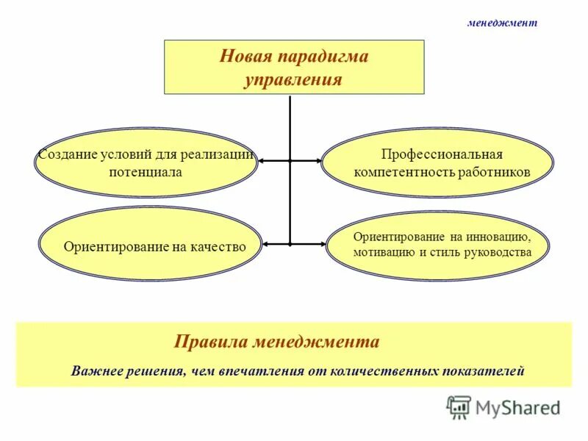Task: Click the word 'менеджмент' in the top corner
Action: (x=503, y=23)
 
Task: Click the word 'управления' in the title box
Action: (x=293, y=79)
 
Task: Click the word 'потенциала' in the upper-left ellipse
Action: (x=146, y=172)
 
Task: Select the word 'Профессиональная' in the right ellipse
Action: (x=441, y=155)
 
